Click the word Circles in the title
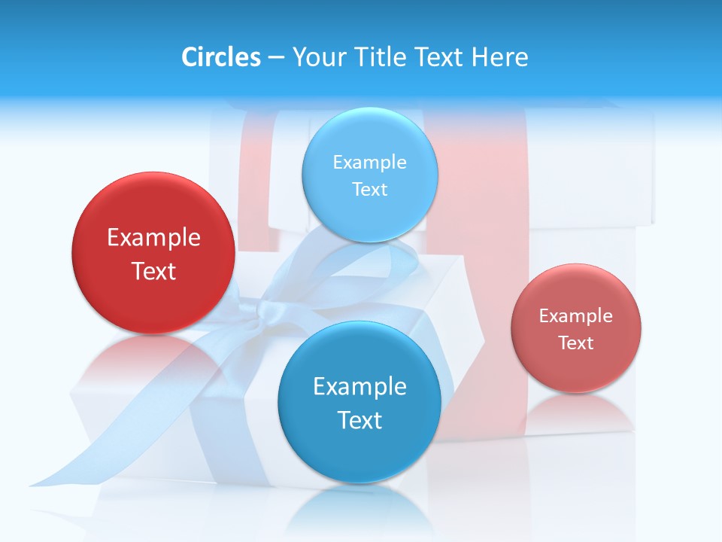coord(221,57)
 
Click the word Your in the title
coord(316,57)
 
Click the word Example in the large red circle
coord(153,238)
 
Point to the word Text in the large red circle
coord(153,271)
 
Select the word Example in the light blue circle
coord(369,162)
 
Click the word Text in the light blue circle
coord(369,189)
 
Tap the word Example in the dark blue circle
coord(359,386)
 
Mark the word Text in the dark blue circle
coord(359,420)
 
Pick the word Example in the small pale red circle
coord(576,315)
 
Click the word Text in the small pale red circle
coord(576,343)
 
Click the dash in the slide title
coord(276,58)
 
